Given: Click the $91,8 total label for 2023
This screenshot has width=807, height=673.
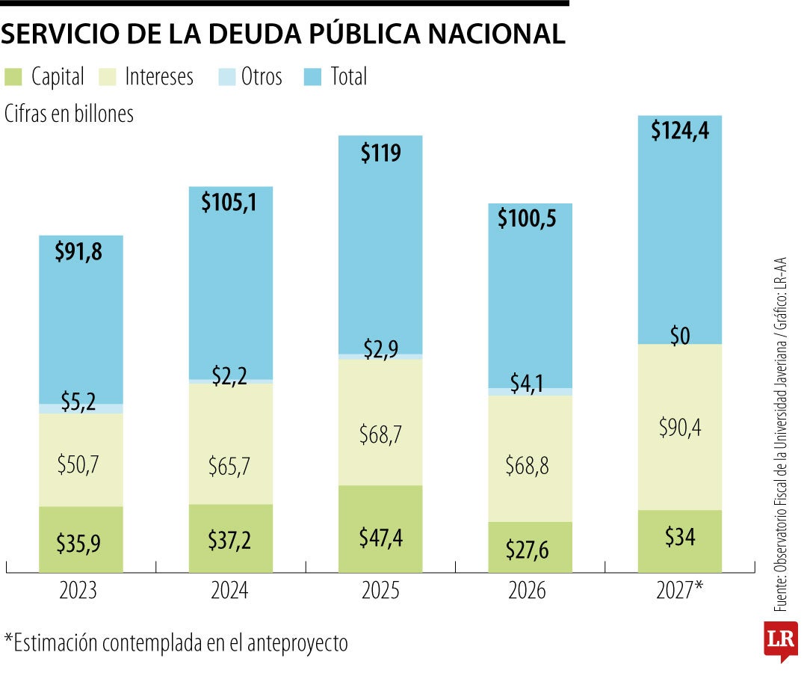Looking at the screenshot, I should [78, 252].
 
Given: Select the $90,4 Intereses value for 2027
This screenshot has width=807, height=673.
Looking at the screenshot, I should [679, 428].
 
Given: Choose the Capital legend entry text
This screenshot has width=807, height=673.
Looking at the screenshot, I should [58, 76].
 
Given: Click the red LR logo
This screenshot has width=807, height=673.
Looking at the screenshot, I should [780, 639].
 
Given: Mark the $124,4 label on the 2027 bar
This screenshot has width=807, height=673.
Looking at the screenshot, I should [679, 132].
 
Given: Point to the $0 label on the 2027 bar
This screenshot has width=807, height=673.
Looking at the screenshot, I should [679, 337].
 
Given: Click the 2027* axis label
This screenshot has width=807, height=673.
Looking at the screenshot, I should [679, 591].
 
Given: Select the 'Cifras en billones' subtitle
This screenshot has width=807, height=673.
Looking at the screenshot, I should [69, 114].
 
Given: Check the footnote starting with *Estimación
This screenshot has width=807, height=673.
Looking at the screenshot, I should [176, 642].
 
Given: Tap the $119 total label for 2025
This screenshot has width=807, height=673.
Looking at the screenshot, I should [380, 153].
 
